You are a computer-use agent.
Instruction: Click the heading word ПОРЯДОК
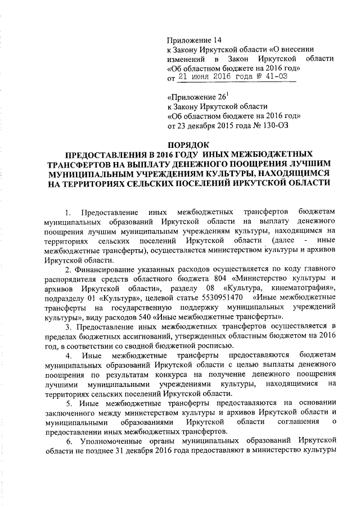click(x=189, y=145)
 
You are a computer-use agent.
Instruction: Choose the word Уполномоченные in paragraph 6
click(x=112, y=441)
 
